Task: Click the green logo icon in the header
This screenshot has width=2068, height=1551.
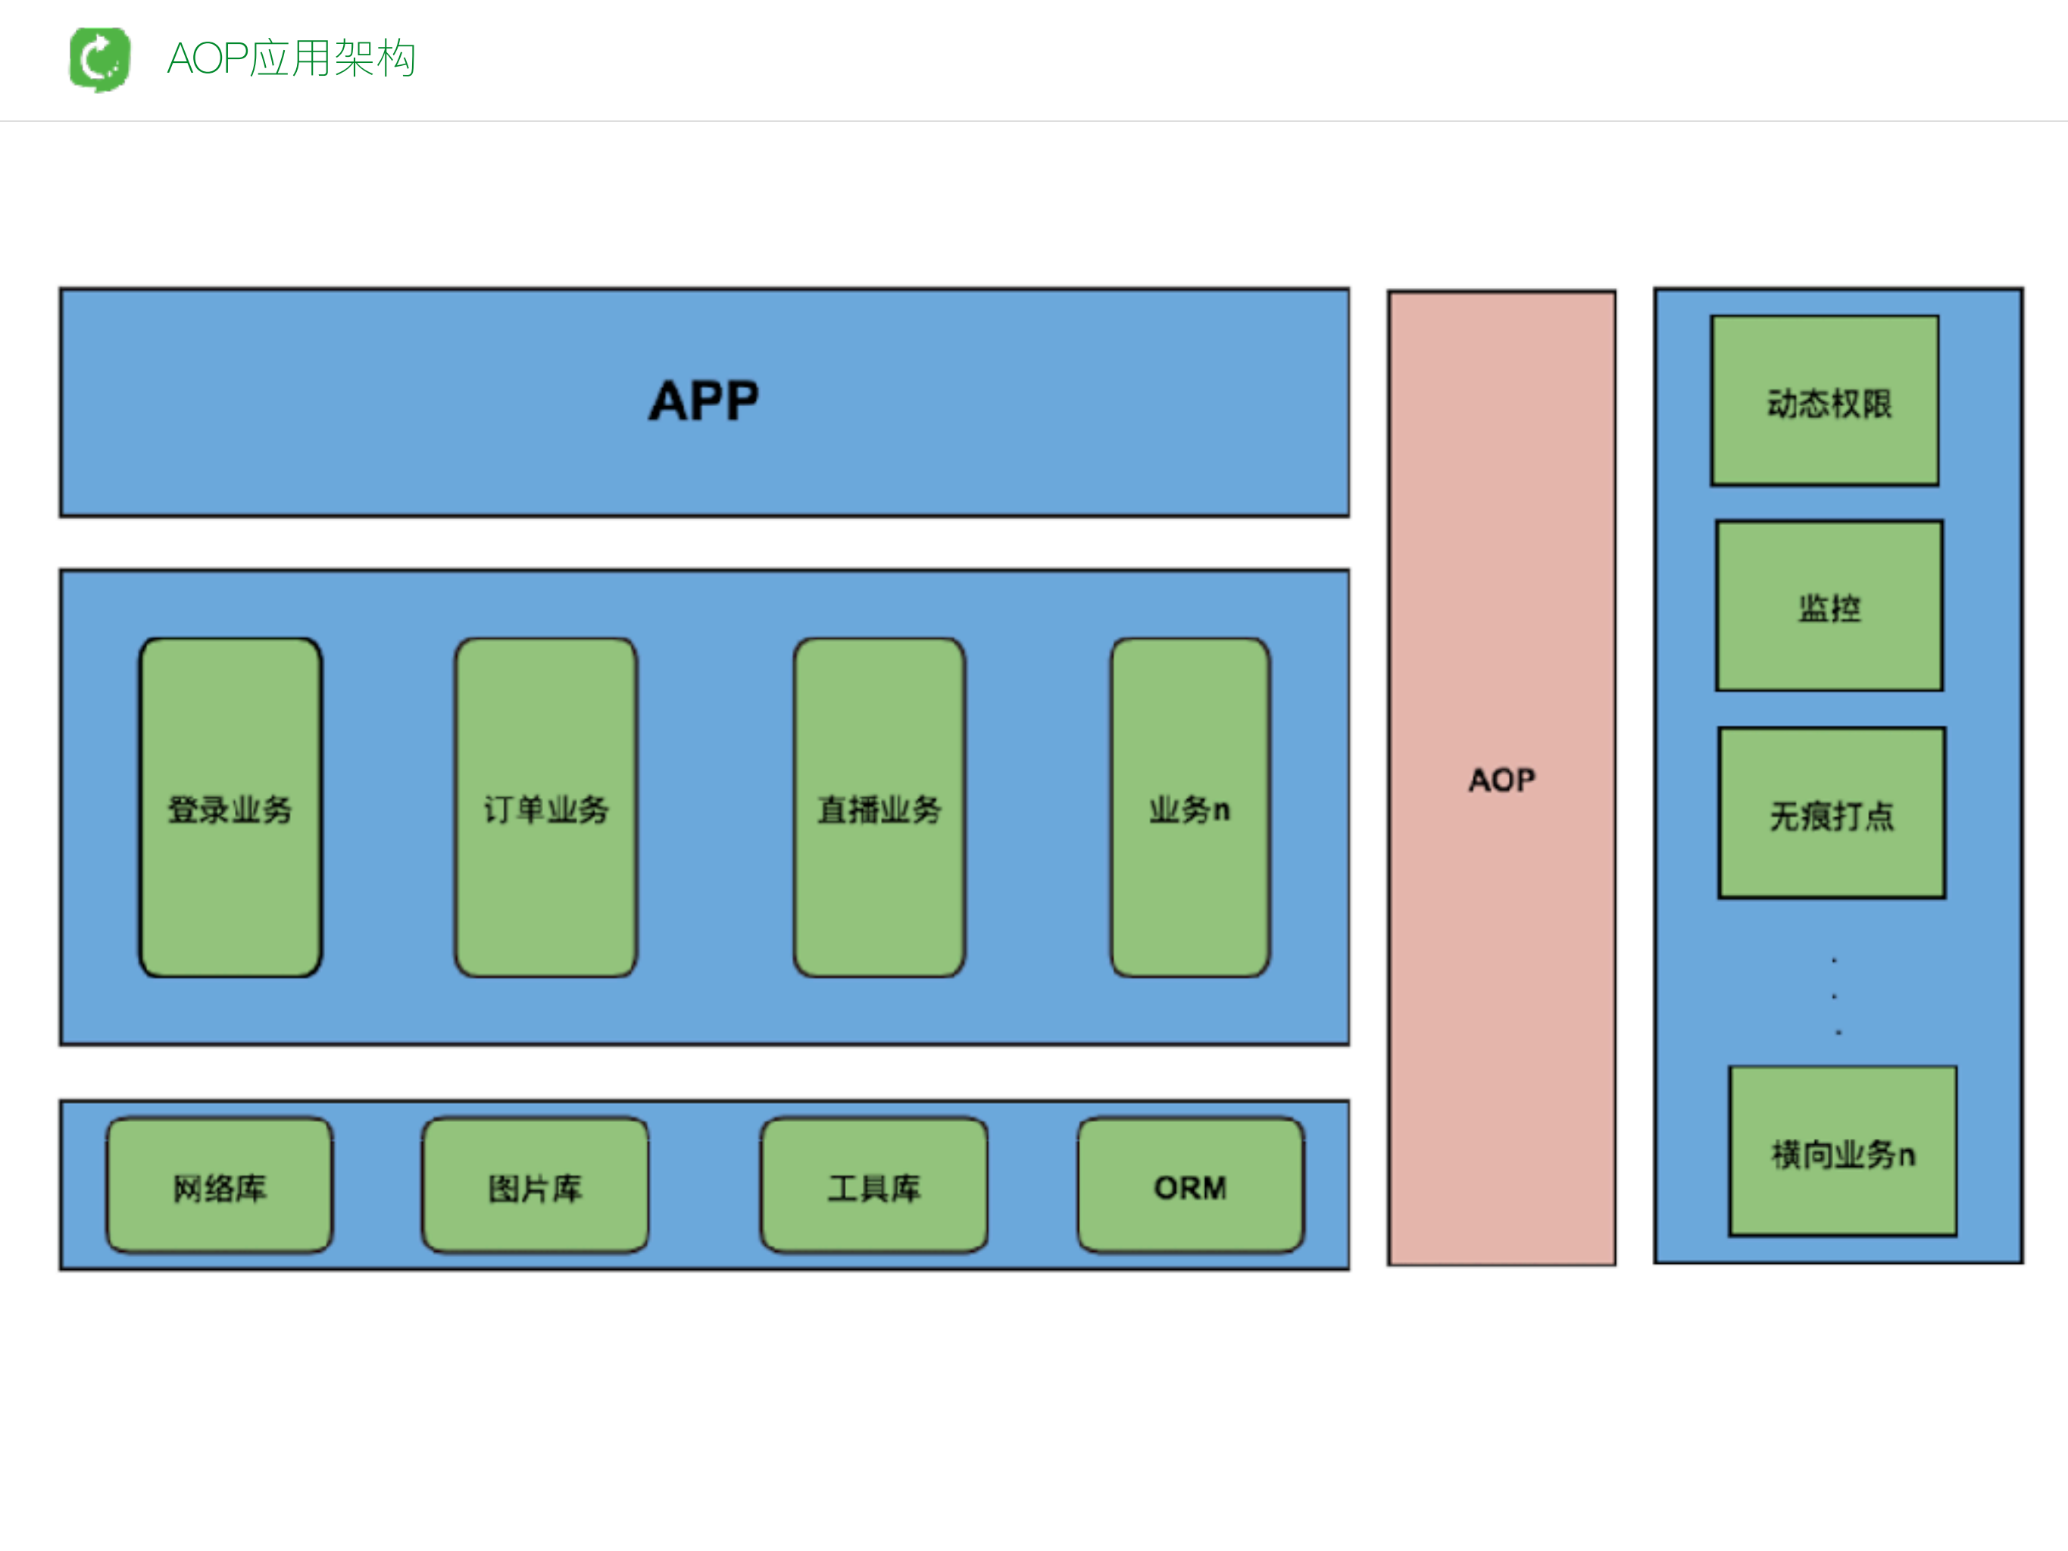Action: [x=100, y=59]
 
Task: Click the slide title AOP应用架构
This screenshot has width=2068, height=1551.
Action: [x=291, y=59]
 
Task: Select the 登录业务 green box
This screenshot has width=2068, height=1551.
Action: [x=230, y=808]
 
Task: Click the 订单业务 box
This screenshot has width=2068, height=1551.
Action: [x=546, y=808]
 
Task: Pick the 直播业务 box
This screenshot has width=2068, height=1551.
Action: [x=879, y=808]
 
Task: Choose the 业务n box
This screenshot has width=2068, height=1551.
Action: [x=1189, y=808]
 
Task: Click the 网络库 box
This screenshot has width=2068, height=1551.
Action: [x=220, y=1186]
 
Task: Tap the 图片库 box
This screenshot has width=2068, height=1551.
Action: [x=535, y=1186]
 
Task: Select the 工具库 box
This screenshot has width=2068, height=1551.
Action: [x=873, y=1186]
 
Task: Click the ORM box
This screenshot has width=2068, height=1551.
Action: [x=1190, y=1186]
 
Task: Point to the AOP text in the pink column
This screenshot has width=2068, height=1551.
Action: [x=1501, y=780]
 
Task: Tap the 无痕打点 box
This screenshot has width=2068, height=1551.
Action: [x=1832, y=813]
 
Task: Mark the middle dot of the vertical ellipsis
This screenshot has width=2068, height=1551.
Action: [x=1834, y=996]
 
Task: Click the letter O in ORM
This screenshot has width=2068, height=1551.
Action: [x=1166, y=1188]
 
